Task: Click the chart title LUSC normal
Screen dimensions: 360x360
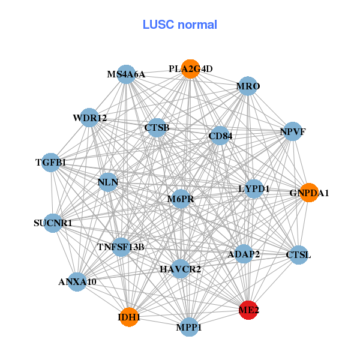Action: tap(179, 25)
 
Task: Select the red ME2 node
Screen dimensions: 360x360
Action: tap(248, 311)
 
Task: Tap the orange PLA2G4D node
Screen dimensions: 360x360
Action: tap(190, 69)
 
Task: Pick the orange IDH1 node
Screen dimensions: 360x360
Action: tap(129, 317)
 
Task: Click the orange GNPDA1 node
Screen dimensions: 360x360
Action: tap(308, 193)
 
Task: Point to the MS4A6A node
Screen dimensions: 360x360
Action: tap(126, 75)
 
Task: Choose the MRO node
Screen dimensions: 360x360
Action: tap(248, 86)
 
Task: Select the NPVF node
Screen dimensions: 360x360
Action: tap(292, 131)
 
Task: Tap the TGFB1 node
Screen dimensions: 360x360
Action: tap(51, 163)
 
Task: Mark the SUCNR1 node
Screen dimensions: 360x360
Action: tap(53, 223)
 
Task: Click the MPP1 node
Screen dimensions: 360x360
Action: tap(189, 327)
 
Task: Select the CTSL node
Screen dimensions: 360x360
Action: tap(298, 255)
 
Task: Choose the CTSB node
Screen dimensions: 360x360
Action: tap(157, 128)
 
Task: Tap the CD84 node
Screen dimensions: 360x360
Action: tap(220, 136)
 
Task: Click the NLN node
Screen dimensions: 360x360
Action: tap(108, 182)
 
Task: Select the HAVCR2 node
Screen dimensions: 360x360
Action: tap(180, 269)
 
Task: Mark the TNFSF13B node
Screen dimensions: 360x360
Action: tap(121, 247)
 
